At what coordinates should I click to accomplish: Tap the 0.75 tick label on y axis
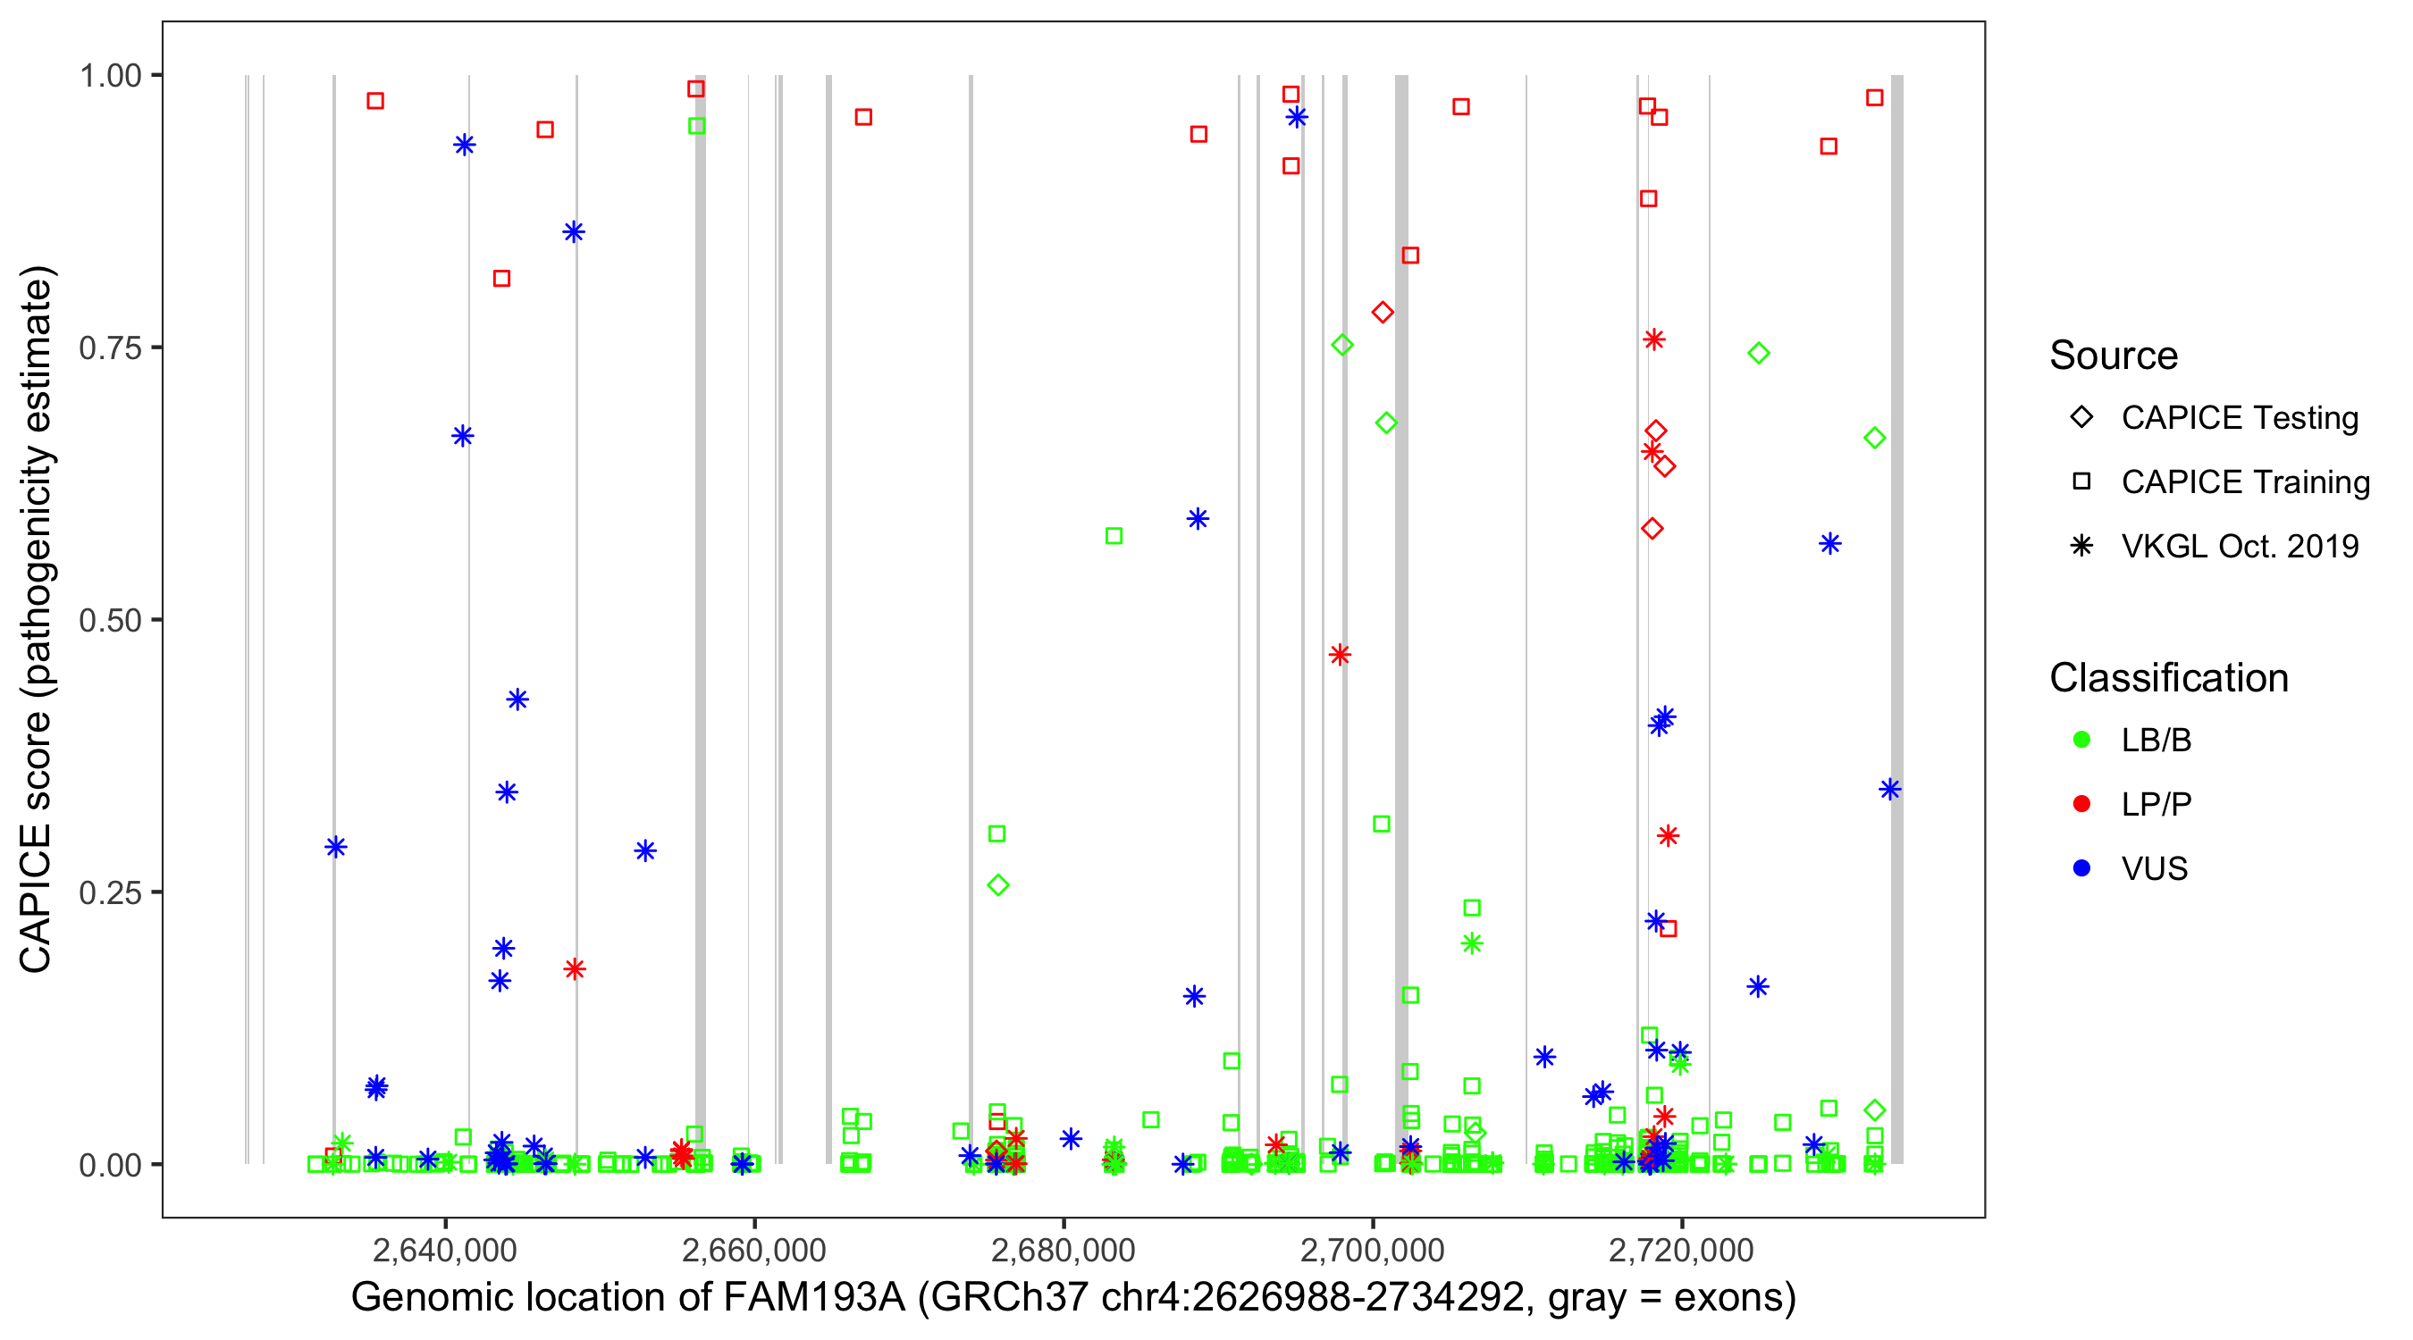coord(110,348)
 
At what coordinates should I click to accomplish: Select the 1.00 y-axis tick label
coord(110,75)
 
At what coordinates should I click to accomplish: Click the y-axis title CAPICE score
coord(38,619)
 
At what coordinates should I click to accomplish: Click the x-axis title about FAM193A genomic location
coord(1073,1297)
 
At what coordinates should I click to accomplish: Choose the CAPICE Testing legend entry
coord(2239,418)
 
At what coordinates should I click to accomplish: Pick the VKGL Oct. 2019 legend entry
coord(2239,546)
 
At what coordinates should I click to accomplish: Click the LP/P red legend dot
coord(2081,804)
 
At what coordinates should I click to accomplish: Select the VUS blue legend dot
coord(2081,868)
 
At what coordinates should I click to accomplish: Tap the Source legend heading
coord(2114,356)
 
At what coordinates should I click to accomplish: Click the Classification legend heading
coord(2168,678)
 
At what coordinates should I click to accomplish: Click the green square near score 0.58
coord(1114,536)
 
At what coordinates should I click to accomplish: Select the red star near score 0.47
coord(1340,655)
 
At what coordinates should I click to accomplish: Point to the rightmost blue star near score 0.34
coord(1889,790)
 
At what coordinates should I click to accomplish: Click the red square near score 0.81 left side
coord(501,278)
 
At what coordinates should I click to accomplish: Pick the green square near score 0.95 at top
coord(697,125)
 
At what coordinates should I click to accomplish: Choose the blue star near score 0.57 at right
coord(1829,544)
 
